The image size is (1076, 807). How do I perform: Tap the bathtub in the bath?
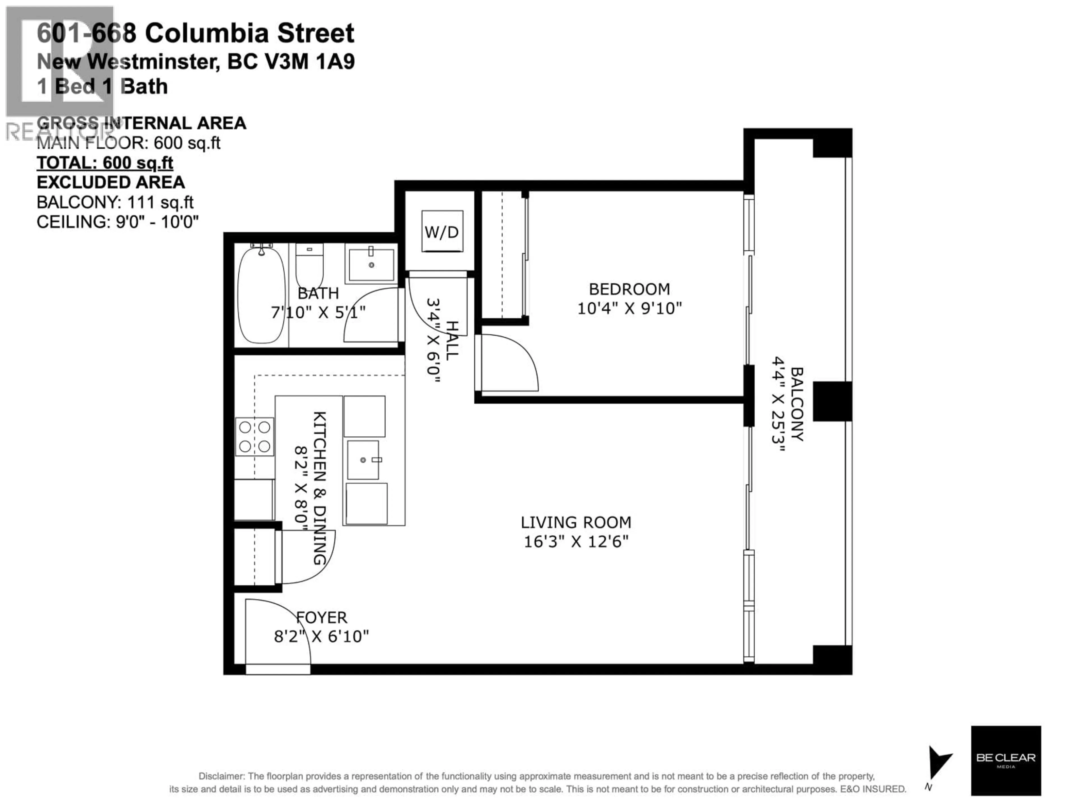click(x=261, y=296)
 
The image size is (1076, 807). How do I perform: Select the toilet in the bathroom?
click(x=309, y=265)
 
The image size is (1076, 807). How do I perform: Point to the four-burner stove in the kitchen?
click(x=254, y=436)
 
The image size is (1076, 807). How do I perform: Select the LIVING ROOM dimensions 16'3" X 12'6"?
click(x=576, y=541)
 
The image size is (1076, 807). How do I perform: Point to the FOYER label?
click(x=321, y=618)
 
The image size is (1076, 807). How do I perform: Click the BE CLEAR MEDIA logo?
click(x=1005, y=760)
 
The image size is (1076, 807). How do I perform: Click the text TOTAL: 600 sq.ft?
click(x=105, y=163)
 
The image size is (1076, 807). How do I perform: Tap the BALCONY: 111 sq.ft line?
click(x=115, y=202)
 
